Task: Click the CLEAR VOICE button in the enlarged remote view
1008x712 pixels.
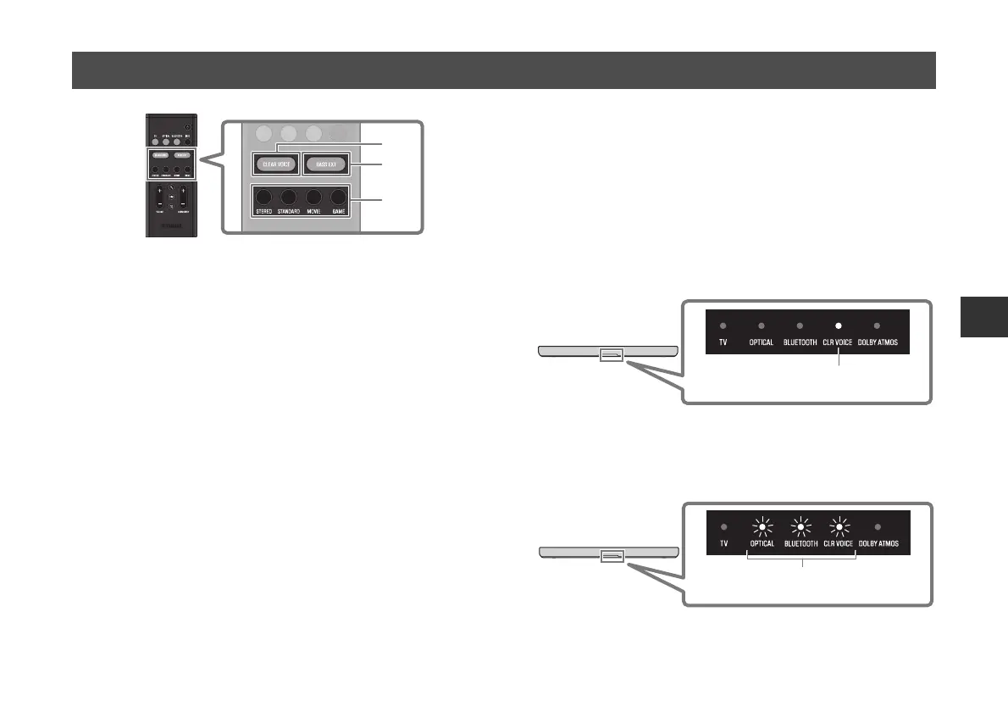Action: (274, 163)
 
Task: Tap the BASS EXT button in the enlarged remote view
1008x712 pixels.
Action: (325, 163)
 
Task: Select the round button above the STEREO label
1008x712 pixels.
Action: (264, 195)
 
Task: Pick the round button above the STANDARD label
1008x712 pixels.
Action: (289, 195)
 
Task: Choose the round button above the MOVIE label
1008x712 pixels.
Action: (314, 195)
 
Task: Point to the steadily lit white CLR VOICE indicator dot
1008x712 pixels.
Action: (838, 325)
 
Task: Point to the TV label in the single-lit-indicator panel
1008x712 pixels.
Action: (722, 342)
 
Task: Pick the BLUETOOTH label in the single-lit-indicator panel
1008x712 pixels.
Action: (799, 342)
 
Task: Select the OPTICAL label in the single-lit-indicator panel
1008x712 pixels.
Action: (761, 342)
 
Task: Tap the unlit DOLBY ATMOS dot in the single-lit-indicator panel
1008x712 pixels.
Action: (878, 325)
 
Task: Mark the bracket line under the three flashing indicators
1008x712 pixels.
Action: (802, 559)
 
